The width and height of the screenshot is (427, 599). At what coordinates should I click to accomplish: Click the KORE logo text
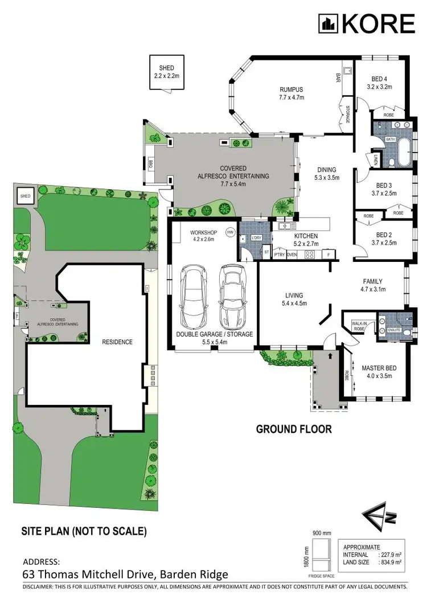(377, 23)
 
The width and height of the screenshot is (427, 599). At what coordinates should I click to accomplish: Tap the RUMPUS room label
(291, 89)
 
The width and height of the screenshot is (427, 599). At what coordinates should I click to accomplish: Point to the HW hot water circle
(231, 232)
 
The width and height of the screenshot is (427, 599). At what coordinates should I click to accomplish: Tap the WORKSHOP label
(203, 233)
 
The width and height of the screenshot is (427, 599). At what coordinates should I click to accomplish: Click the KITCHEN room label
(306, 236)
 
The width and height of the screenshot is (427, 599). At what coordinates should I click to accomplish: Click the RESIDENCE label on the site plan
(117, 342)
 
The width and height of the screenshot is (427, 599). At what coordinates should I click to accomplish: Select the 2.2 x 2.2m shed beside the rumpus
(167, 71)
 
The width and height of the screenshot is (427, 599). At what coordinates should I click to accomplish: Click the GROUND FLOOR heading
(293, 429)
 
